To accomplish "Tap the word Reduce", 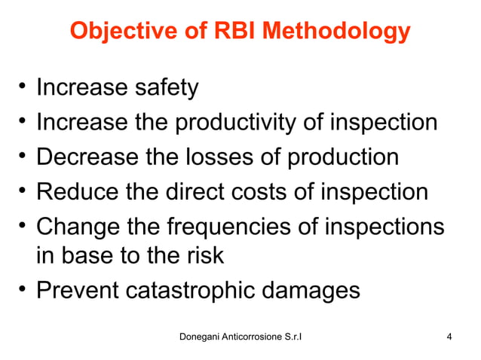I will [x=75, y=191].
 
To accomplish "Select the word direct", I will [x=199, y=191].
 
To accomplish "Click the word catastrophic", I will [x=205, y=291].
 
